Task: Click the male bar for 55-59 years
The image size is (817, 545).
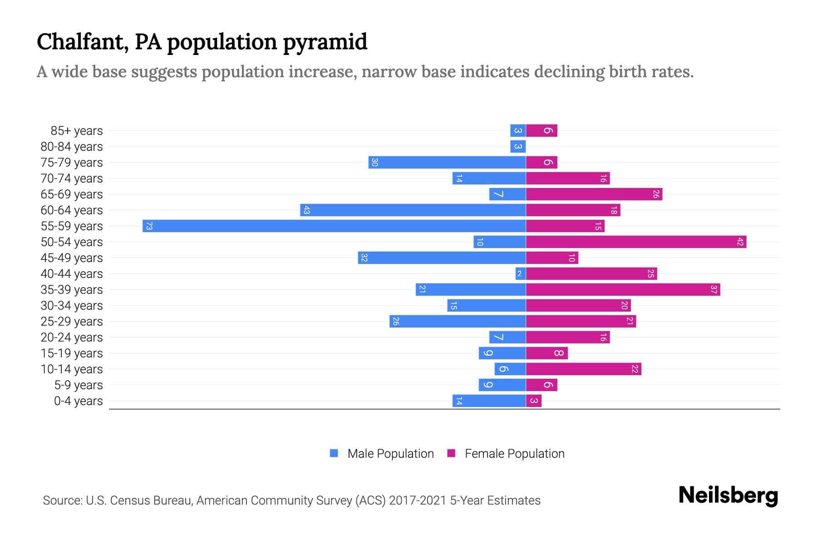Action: tap(334, 226)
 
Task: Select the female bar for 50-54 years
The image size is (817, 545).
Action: tap(636, 242)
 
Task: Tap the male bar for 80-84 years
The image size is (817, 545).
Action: tap(518, 146)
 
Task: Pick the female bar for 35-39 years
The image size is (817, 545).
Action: tap(623, 289)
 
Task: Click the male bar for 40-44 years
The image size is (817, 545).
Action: tap(520, 273)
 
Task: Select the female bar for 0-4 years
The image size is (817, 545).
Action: tap(534, 401)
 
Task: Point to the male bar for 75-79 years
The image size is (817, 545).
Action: tap(447, 162)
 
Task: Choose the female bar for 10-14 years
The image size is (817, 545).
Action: tap(583, 369)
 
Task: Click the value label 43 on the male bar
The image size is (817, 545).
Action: tap(306, 210)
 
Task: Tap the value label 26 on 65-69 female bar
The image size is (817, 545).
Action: tap(656, 194)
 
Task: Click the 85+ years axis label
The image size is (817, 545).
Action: tap(76, 131)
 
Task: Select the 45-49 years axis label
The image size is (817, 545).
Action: tap(72, 258)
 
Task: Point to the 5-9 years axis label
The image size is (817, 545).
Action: tap(78, 385)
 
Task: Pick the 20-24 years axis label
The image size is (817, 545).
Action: tap(72, 337)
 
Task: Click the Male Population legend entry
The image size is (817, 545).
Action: tap(390, 453)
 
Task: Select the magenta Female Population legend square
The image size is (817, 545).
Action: tap(451, 453)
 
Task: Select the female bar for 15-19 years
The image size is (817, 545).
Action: tap(546, 353)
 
